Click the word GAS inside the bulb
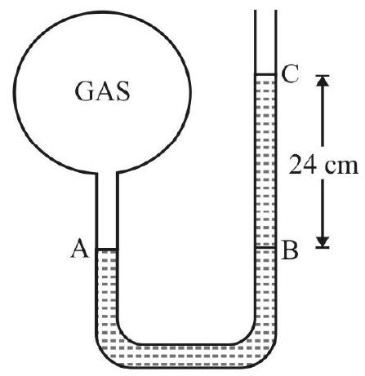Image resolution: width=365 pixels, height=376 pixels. tap(102, 91)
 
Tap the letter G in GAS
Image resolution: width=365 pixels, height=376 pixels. tap(84, 91)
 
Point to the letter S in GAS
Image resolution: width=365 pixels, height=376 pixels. tap(123, 91)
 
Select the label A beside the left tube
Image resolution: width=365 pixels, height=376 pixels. tap(80, 248)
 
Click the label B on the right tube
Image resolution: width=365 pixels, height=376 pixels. tap(290, 250)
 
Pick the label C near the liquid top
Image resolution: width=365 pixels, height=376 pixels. tap(291, 74)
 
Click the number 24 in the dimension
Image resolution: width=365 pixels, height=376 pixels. tap(302, 165)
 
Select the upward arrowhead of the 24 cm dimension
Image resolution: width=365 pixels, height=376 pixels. tap(323, 81)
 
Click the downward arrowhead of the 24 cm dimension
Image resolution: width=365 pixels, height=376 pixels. tap(323, 241)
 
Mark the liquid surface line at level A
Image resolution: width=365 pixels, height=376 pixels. tap(107, 249)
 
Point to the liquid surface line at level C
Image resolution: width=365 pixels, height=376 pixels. tap(265, 74)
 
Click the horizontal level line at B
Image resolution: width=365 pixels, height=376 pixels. tap(265, 248)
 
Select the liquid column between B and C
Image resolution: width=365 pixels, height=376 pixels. tap(265, 161)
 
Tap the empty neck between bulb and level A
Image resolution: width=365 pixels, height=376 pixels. tap(107, 210)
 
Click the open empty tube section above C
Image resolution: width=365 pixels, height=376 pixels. tap(265, 42)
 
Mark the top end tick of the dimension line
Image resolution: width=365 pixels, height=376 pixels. tap(323, 76)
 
